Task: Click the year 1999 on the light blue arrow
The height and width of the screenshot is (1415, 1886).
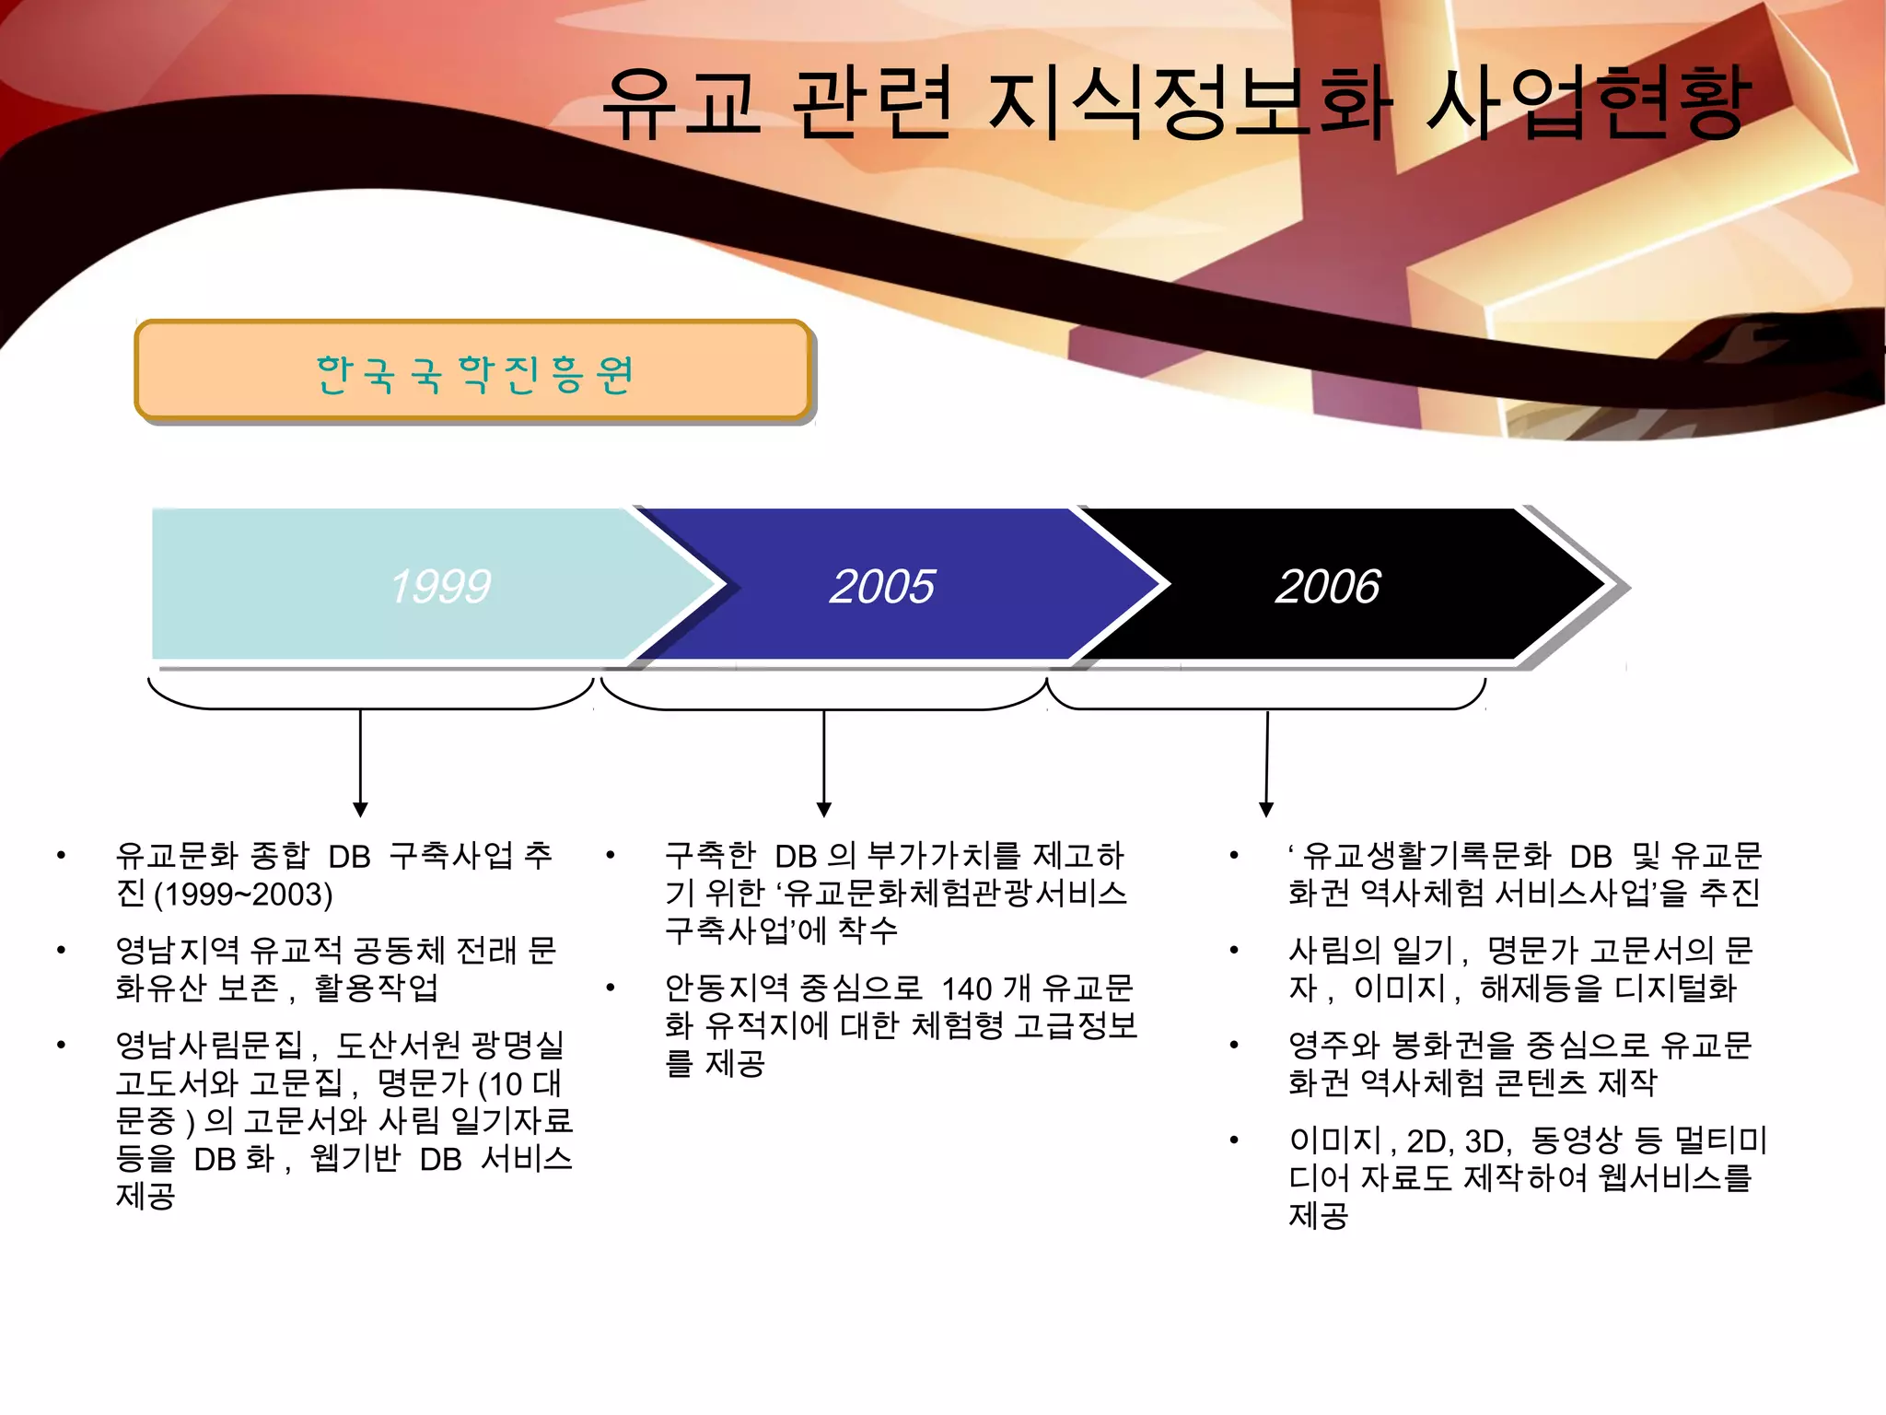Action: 440,586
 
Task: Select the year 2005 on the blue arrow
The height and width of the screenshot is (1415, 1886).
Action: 882,586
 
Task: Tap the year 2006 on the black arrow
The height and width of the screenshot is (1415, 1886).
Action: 1327,586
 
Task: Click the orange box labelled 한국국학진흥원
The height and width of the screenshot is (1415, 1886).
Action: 473,371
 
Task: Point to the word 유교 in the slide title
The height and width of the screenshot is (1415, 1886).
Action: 681,103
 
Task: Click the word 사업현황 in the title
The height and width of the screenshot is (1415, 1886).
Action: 1586,103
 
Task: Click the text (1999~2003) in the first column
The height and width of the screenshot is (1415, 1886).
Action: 243,895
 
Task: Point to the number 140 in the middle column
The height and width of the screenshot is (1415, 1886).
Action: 966,988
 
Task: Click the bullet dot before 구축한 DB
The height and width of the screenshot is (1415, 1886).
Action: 610,856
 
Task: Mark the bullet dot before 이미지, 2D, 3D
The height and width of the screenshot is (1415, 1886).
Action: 1234,1140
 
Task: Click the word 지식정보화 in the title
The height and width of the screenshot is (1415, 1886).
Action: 1189,103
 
